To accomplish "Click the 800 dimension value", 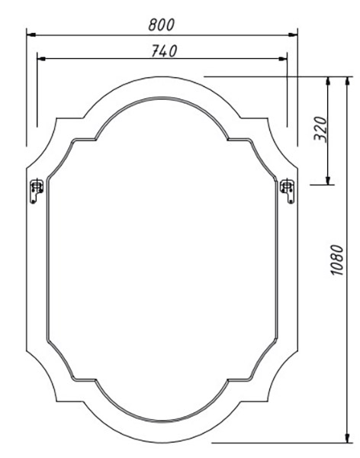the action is (x=161, y=24).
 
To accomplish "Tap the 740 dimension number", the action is (x=164, y=51).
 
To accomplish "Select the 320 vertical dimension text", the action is (x=320, y=129).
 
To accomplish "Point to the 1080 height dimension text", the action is (x=337, y=260).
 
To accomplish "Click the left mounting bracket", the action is (x=37, y=191).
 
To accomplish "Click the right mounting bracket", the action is (x=288, y=191).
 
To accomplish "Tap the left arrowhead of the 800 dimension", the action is (x=31, y=35).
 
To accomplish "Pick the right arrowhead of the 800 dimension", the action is (x=293, y=35).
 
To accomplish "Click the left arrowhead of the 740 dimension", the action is (x=41, y=59).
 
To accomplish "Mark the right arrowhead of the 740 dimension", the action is (x=283, y=59).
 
